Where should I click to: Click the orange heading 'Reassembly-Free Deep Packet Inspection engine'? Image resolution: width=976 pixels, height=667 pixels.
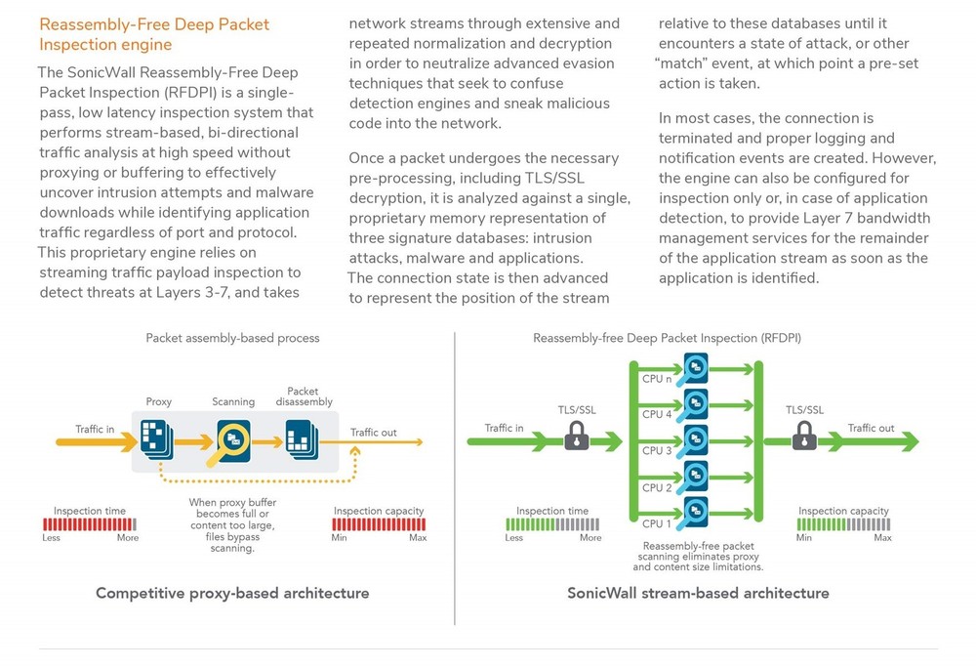[x=154, y=34]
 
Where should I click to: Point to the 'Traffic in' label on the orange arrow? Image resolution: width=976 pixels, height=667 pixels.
[x=96, y=429]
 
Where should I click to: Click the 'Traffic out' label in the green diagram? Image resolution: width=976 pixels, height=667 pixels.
[x=871, y=428]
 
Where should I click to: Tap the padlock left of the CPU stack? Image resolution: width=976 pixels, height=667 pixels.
[x=577, y=437]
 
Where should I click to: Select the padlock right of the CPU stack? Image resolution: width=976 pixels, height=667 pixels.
[x=804, y=437]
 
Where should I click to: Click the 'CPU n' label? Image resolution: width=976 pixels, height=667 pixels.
[x=657, y=379]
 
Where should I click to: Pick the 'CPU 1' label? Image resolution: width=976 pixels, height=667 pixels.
[x=657, y=524]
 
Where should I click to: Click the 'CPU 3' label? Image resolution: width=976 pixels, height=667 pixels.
[x=657, y=451]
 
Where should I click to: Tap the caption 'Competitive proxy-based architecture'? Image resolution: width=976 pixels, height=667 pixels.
[x=232, y=593]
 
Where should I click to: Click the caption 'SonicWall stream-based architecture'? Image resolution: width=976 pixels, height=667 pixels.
[x=698, y=593]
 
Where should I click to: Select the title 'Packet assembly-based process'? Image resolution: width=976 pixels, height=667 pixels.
[x=232, y=338]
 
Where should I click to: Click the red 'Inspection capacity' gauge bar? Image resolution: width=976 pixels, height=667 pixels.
[x=379, y=524]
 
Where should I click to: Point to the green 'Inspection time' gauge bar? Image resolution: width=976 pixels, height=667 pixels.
[x=551, y=524]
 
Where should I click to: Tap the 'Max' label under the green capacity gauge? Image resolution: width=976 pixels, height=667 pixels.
[x=882, y=538]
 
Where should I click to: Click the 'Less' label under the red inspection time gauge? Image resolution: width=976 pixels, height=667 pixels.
[x=51, y=538]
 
